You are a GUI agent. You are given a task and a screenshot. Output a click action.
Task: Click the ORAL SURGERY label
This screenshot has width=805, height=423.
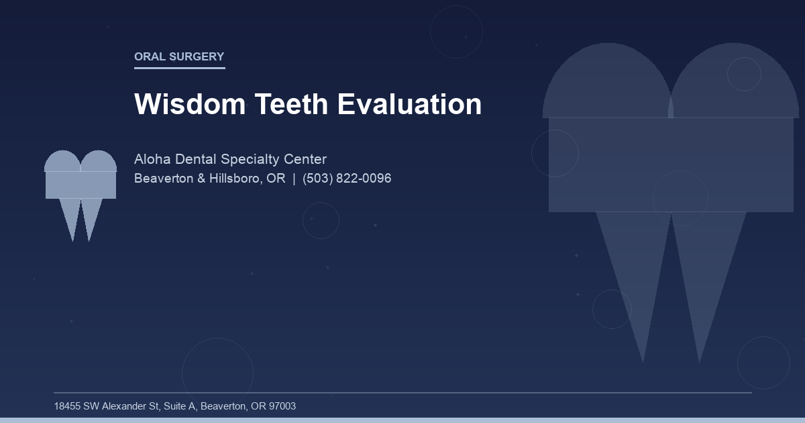(179, 57)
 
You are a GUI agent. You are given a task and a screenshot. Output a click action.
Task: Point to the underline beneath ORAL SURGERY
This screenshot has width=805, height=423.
(179, 68)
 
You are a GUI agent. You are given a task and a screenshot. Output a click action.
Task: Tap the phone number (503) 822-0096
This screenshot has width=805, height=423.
(347, 179)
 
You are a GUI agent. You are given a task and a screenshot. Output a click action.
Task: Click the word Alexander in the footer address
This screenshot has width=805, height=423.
(125, 406)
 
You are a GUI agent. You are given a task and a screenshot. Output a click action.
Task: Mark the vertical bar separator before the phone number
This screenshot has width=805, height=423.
(294, 179)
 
